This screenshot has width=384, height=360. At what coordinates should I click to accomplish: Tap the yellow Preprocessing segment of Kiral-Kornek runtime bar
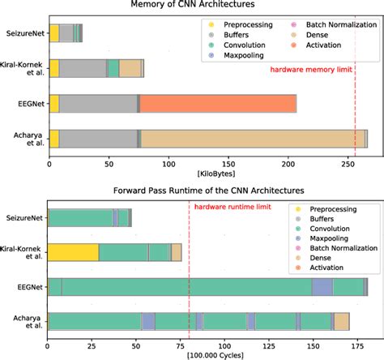pos(74,252)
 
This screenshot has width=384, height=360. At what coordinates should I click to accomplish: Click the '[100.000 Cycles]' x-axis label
pos(207,355)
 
